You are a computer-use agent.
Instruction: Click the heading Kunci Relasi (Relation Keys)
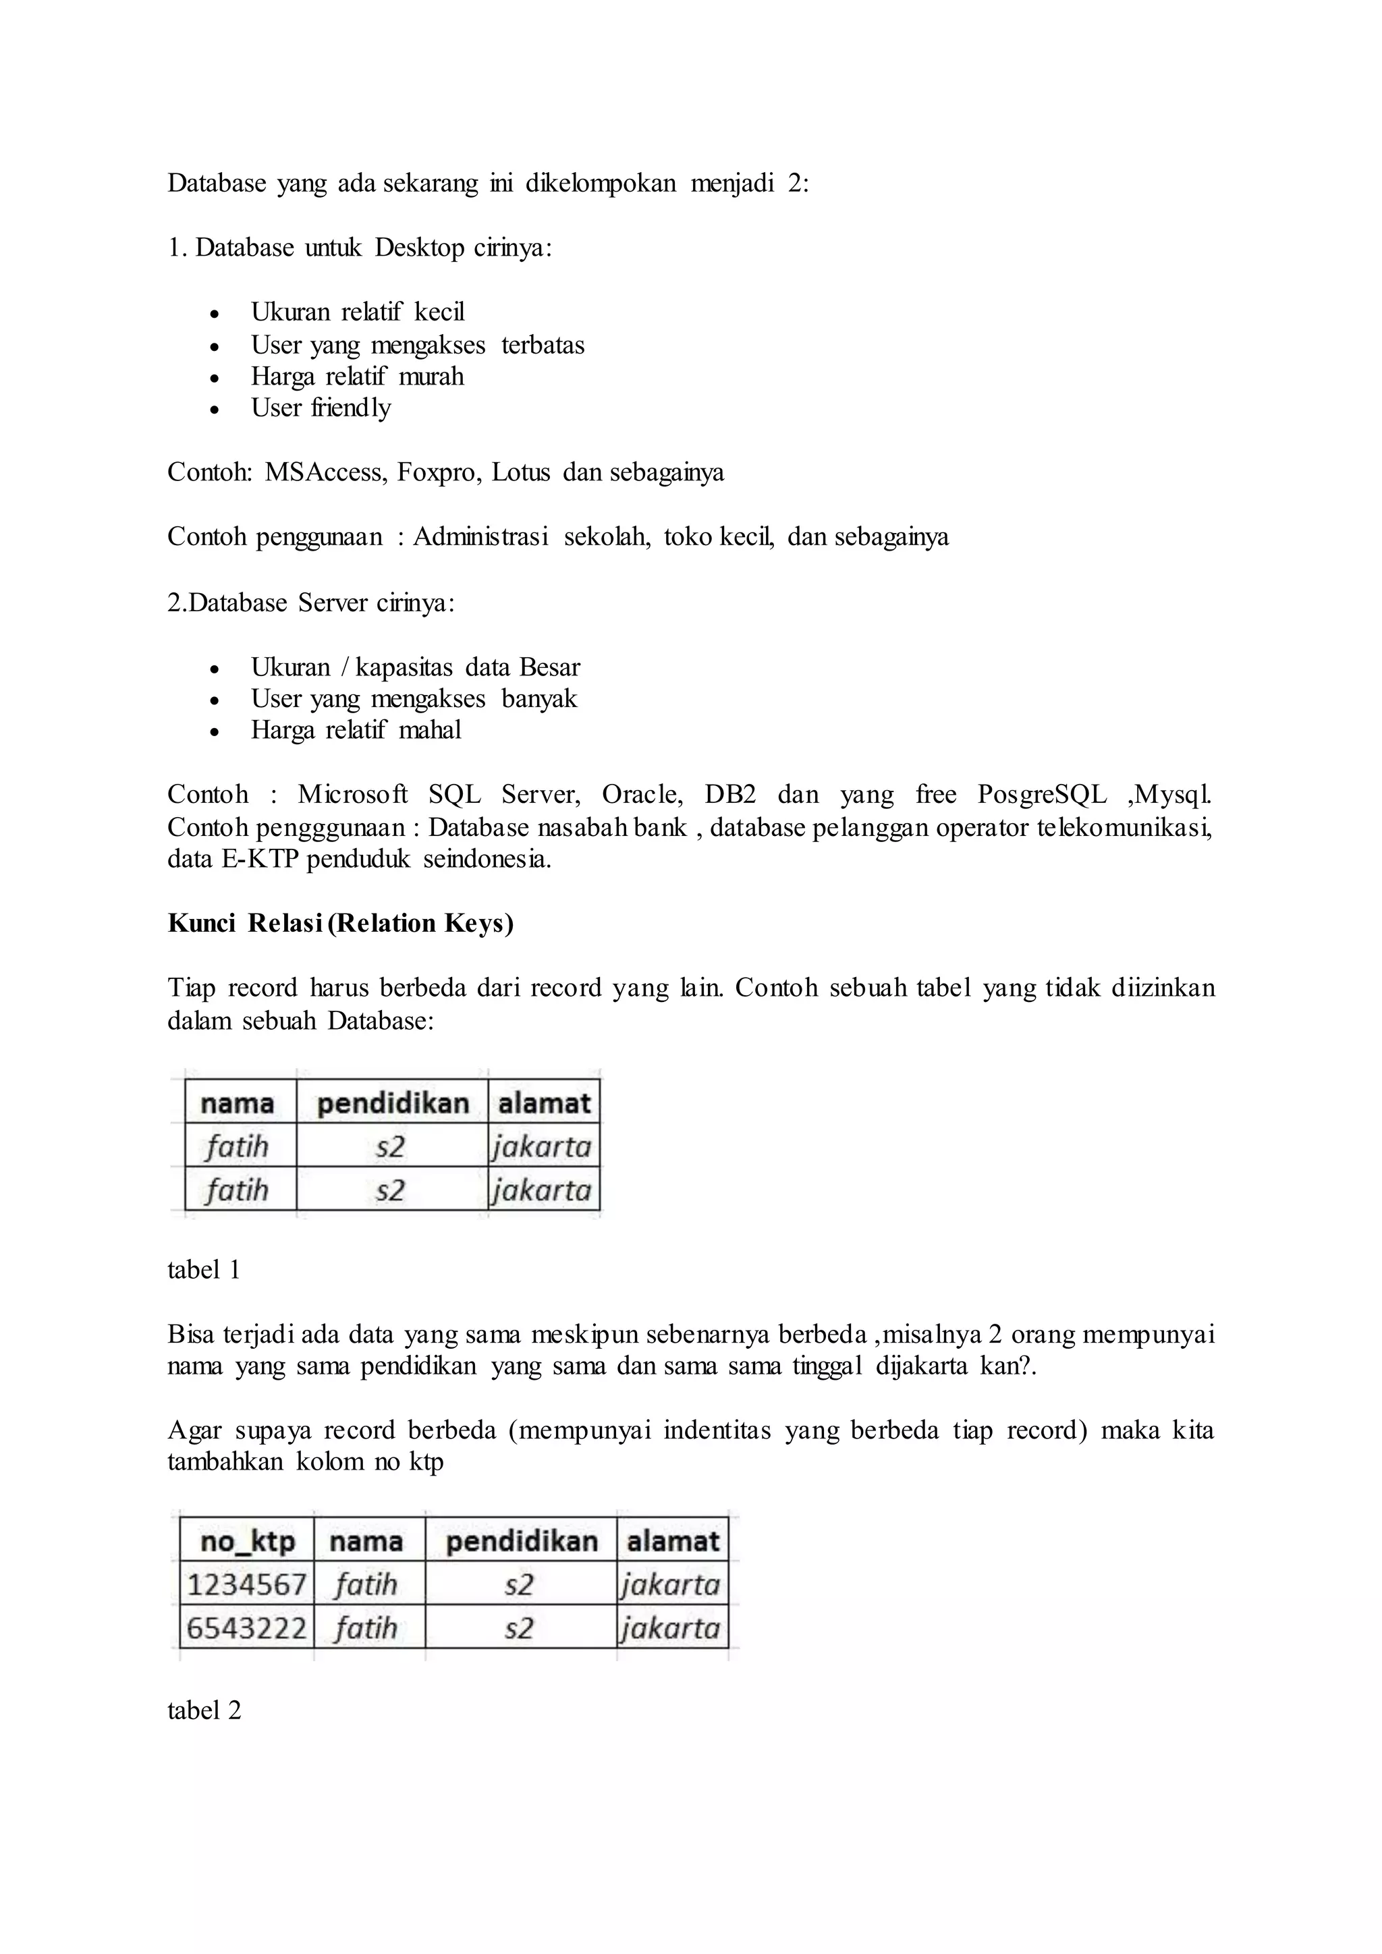340,924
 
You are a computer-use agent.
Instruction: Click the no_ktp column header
247,1541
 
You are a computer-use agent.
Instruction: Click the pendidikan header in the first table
392,1103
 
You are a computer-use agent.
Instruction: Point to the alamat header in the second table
672,1541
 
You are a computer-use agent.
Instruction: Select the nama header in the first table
238,1103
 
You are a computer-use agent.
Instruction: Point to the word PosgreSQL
1042,794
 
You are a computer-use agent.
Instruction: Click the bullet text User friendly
321,408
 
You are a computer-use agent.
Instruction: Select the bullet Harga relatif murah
358,376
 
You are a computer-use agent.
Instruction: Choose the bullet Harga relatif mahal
356,729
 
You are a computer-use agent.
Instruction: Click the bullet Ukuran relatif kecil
358,312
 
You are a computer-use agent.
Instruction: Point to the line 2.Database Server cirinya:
310,603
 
